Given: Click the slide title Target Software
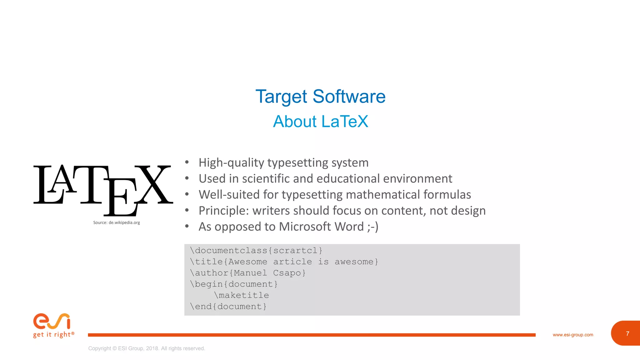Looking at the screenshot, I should pyautogui.click(x=320, y=97).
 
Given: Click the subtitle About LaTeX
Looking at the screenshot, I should pyautogui.click(x=320, y=122).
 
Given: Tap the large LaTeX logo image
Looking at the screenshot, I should pyautogui.click(x=103, y=189).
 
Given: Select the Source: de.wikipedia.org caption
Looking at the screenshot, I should pyautogui.click(x=117, y=222).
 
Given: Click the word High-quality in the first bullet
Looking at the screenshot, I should pyautogui.click(x=231, y=163).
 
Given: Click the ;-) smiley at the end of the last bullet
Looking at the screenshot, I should pyautogui.click(x=373, y=227).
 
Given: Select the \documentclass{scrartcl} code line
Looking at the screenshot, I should pyautogui.click(x=256, y=251).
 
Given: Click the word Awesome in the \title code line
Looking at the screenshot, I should pyautogui.click(x=248, y=262).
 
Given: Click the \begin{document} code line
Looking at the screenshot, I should pyautogui.click(x=234, y=284).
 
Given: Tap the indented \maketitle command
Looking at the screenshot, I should pyautogui.click(x=242, y=295).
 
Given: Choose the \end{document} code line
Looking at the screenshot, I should pyautogui.click(x=228, y=307).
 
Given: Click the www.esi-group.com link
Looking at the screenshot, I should pyautogui.click(x=573, y=335).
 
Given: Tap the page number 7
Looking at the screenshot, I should pyautogui.click(x=627, y=334).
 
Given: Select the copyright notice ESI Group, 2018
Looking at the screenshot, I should pyautogui.click(x=147, y=348).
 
